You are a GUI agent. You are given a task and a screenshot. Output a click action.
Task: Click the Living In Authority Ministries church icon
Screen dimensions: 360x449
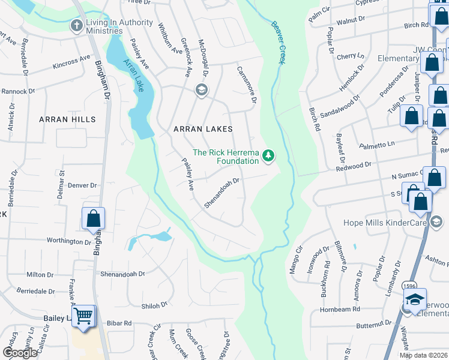[76, 26]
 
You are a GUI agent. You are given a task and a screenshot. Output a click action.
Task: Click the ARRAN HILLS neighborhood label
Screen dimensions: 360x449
[67, 119]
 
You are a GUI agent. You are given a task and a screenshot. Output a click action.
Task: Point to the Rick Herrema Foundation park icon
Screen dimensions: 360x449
[269, 157]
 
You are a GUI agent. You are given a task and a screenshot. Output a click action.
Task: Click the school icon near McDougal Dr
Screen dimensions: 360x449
[201, 90]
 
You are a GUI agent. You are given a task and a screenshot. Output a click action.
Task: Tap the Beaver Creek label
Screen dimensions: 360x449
[278, 42]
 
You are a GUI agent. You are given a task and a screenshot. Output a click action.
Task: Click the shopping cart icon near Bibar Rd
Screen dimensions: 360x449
[84, 316]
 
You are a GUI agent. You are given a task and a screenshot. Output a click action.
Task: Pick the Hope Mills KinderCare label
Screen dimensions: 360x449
[384, 223]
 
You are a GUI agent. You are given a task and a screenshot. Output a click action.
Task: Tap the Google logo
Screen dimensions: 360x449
[20, 353]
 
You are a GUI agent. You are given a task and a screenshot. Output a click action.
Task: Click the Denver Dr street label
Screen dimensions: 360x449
[82, 185]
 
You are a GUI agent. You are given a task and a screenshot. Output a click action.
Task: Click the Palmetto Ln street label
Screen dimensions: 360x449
[377, 145]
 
